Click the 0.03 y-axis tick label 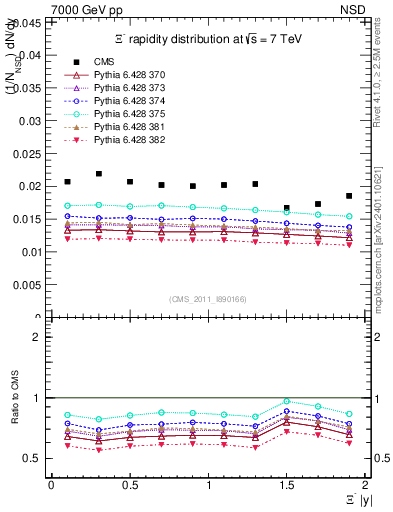pyautogui.click(x=31, y=120)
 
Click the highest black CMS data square pyautogui.click(x=99, y=174)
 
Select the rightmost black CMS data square pyautogui.click(x=349, y=196)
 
